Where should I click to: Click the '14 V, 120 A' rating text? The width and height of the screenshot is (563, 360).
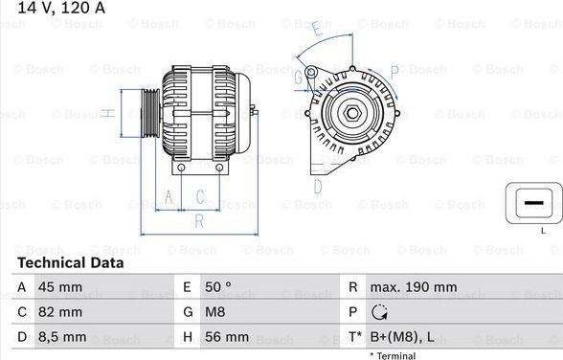point(61,8)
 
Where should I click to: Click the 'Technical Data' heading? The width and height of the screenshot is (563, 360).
point(71,263)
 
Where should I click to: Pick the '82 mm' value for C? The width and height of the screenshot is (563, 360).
point(60,312)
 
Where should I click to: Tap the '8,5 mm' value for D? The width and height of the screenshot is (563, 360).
point(62,337)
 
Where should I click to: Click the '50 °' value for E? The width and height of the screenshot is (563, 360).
point(218,287)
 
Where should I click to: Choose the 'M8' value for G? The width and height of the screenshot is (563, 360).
point(215,312)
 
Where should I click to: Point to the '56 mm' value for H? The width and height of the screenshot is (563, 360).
point(227,337)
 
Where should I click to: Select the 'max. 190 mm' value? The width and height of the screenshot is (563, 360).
point(414,287)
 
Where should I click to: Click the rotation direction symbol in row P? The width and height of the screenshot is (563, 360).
point(379,312)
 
